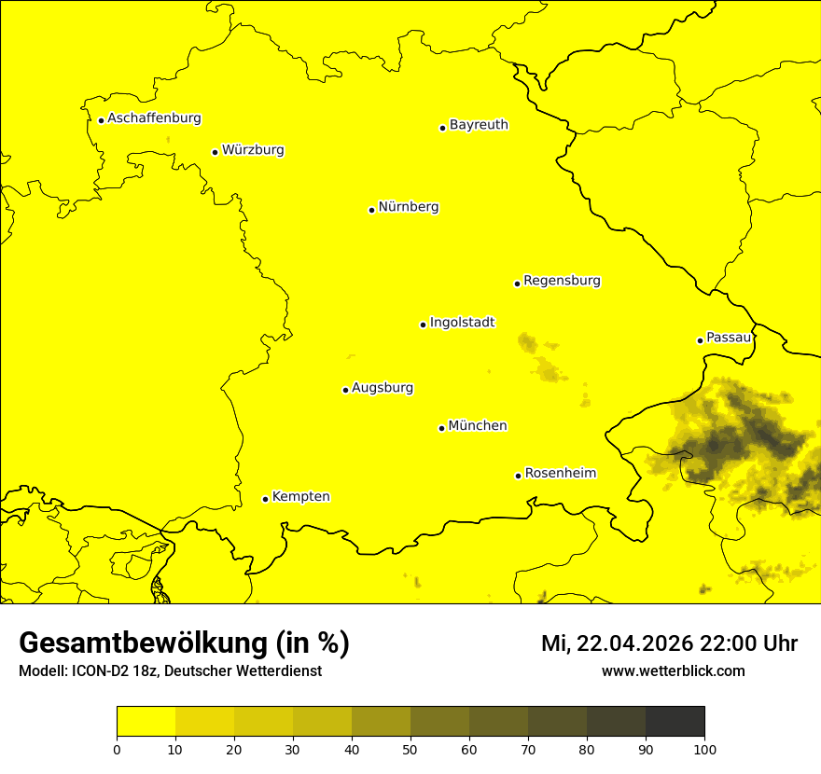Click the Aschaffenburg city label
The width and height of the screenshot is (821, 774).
coord(154,118)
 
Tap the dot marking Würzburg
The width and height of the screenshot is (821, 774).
coord(215,152)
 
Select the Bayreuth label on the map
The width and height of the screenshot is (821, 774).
coord(479,124)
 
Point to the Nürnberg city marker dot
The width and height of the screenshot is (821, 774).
coord(371,210)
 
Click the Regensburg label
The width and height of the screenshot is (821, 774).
coord(562,281)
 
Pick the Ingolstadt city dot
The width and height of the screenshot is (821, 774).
coord(423,325)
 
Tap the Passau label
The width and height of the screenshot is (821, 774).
coord(729,338)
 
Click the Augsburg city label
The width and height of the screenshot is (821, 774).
coord(383,388)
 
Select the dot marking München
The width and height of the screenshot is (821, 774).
coord(441,428)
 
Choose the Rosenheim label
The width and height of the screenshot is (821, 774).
coord(560,474)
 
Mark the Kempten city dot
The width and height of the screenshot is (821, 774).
coord(265,499)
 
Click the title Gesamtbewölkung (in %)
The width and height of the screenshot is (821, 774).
coord(184,643)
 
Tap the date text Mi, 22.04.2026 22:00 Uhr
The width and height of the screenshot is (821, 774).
coord(669,643)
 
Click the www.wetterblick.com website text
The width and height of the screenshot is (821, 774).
coord(673,671)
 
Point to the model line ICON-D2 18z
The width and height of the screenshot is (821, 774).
coord(170,671)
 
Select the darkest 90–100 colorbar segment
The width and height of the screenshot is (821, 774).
coord(675,721)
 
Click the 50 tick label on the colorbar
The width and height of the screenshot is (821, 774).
coord(410,749)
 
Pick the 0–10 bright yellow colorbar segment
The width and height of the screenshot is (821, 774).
coord(146,721)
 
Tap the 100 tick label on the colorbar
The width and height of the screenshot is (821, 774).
coord(704,749)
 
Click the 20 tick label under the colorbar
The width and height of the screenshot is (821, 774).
coord(234,749)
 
